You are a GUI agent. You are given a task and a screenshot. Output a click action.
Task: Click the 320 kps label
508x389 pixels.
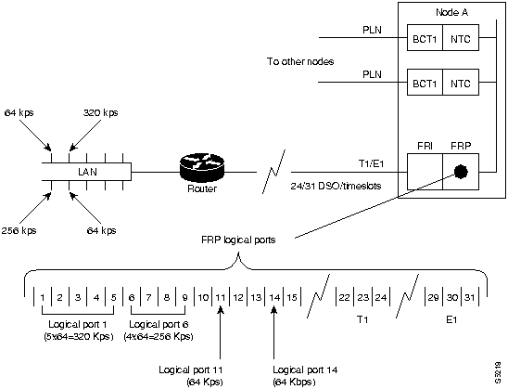[102, 113]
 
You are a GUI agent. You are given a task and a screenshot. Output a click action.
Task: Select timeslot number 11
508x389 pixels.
[221, 297]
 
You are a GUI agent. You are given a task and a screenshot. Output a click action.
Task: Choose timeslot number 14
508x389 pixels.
[274, 297]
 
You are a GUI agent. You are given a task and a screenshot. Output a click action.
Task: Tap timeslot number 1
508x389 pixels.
[43, 297]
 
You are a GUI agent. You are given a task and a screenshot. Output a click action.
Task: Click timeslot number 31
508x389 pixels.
[472, 297]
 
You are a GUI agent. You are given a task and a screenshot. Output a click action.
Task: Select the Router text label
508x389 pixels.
[202, 192]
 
